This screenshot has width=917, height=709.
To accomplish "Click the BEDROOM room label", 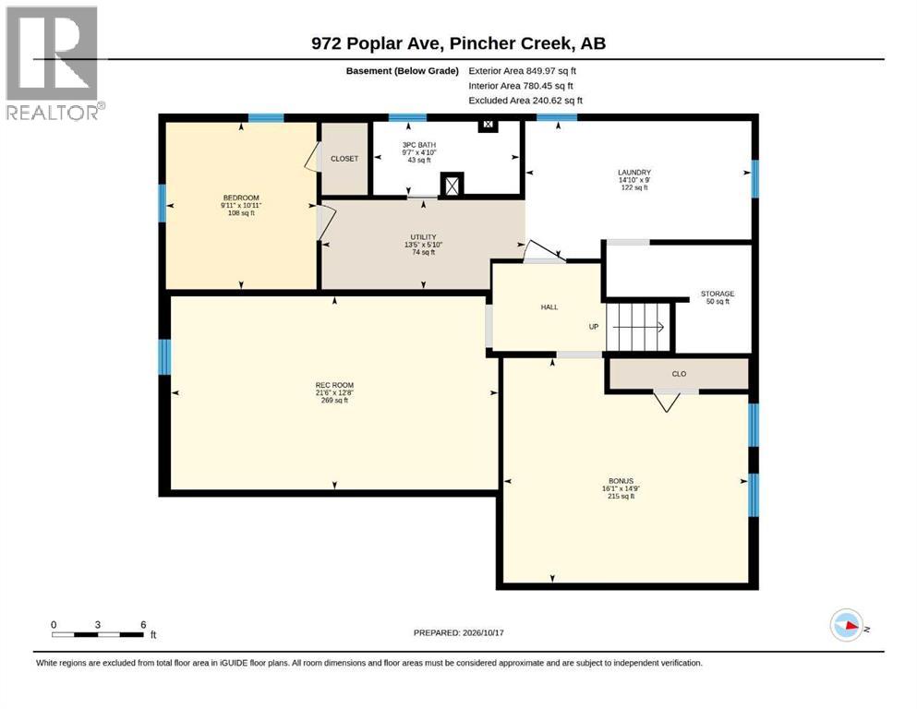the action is point(241,198).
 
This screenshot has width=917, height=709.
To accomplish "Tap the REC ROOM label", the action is point(334,385).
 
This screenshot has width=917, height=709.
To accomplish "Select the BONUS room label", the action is point(621,481).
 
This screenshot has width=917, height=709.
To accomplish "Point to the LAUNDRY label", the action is point(634,173).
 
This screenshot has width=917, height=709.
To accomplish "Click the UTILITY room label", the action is point(424,237).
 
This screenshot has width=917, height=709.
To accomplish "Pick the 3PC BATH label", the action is point(419,145).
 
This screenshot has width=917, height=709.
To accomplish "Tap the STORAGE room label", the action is point(718,294).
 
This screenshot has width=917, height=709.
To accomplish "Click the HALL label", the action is point(549,306).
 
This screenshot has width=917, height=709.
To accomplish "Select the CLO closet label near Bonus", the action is point(679,374).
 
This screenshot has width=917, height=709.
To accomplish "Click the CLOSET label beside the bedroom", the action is point(344,159).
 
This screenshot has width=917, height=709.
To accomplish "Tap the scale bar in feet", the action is point(98,634).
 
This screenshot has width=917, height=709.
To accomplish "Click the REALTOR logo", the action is point(55,63).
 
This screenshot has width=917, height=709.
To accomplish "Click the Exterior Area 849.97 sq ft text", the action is point(523,71).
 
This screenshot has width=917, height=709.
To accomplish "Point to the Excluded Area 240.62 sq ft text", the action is point(525,101).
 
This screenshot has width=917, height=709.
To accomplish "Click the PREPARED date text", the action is point(458,632).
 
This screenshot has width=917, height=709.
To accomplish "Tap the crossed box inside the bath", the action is point(452,186).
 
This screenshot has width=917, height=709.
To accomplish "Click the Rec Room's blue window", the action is point(165,356).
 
